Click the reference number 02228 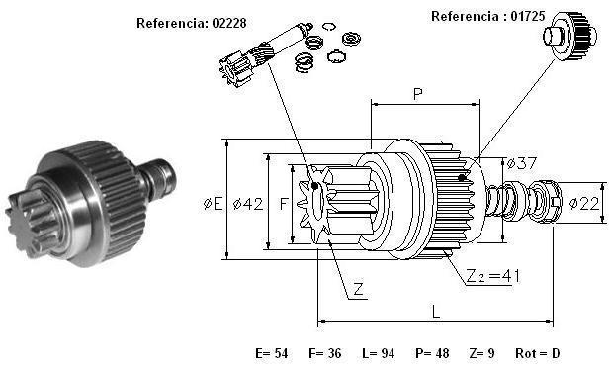click(229, 23)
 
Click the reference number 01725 click(528, 16)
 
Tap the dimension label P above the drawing click(417, 94)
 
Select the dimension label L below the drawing click(436, 312)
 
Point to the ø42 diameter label click(248, 204)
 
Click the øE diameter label click(214, 204)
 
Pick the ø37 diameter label click(522, 163)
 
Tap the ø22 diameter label click(584, 203)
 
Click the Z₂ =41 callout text click(493, 276)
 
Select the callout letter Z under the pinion click(358, 289)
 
